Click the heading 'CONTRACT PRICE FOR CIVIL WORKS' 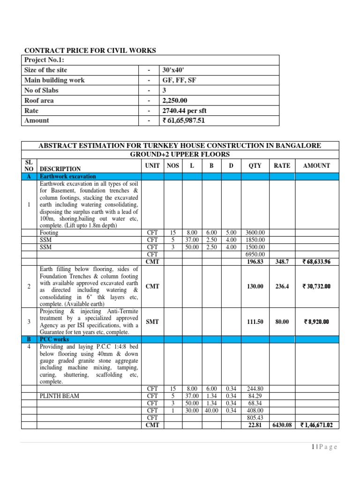click(x=90, y=51)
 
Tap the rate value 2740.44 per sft click(x=184, y=111)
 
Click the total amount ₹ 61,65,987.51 click(x=184, y=120)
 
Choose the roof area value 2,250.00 click(x=174, y=100)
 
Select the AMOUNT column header click(x=316, y=165)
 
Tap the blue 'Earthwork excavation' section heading click(x=68, y=177)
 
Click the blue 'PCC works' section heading click(x=54, y=339)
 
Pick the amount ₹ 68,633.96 click(x=317, y=262)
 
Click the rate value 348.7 click(x=282, y=262)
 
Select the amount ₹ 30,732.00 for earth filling click(x=317, y=286)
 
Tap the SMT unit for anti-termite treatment click(x=153, y=322)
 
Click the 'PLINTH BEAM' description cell click(x=60, y=396)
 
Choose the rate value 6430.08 click(x=282, y=425)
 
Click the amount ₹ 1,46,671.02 click(x=317, y=425)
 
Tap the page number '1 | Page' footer click(x=324, y=447)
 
